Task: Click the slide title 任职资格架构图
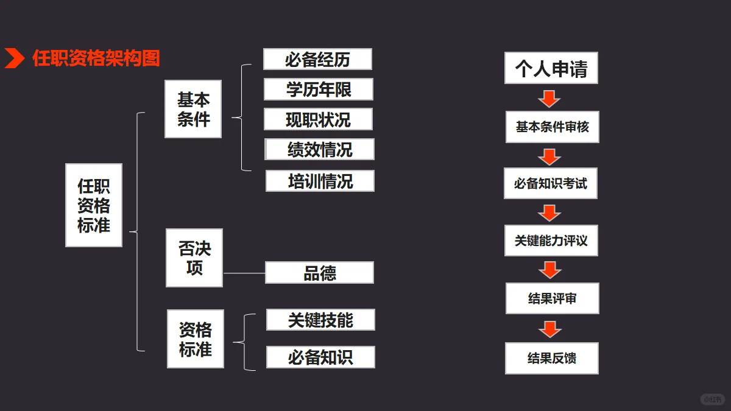(96, 58)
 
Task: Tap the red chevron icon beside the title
(14, 58)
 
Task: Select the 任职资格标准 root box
(94, 205)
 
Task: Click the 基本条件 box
(193, 109)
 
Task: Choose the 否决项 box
(194, 258)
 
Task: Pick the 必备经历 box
(317, 59)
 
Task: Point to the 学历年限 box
(318, 90)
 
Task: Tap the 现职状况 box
(318, 119)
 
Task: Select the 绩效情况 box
(319, 149)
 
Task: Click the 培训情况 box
(320, 181)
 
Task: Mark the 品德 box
(319, 273)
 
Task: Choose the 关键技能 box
(320, 320)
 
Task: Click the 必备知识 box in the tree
(320, 357)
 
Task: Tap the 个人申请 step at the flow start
(551, 68)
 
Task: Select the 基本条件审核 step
(552, 127)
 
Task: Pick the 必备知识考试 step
(551, 183)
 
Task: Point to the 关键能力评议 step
(551, 241)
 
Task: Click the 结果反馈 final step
(552, 358)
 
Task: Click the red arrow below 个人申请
(549, 98)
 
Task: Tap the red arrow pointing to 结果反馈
(550, 329)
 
